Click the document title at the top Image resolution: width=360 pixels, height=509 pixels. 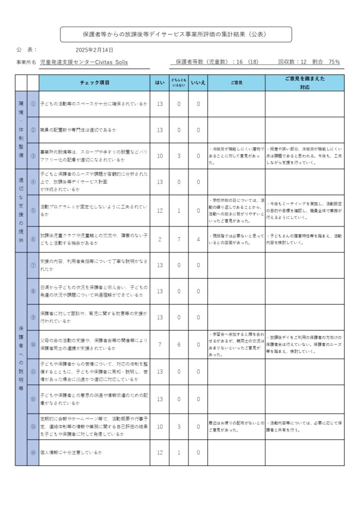(x=176, y=34)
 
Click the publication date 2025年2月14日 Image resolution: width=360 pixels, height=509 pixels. (x=94, y=50)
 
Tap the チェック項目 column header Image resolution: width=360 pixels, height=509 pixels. (x=94, y=83)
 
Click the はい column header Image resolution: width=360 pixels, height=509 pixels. (x=160, y=83)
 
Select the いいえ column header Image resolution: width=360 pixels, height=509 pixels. (x=198, y=83)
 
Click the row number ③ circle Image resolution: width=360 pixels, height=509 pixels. (x=33, y=156)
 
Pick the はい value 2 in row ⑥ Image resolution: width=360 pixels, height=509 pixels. (x=160, y=240)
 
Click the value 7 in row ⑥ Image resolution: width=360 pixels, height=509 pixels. (x=179, y=240)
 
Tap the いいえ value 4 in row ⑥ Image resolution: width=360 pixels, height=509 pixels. (x=198, y=240)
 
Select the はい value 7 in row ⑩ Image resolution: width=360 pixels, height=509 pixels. (x=160, y=344)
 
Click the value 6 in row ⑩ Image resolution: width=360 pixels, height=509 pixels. (x=179, y=344)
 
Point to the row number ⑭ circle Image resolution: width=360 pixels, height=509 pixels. (x=33, y=452)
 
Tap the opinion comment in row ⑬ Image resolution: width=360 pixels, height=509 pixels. (x=236, y=426)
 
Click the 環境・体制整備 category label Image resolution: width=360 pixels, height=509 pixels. (x=21, y=129)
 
